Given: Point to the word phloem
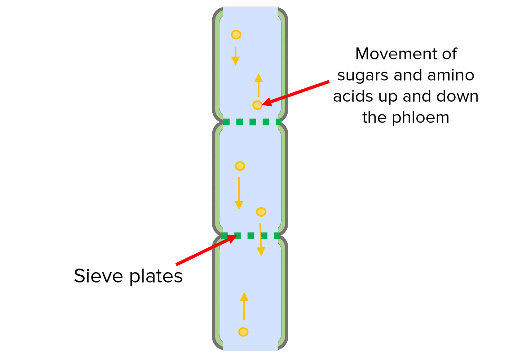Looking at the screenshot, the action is pyautogui.click(x=420, y=118).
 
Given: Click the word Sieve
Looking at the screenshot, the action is pyautogui.click(x=99, y=276).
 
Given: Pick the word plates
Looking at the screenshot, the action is pyautogui.click(x=156, y=277).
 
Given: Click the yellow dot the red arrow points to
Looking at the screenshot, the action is pyautogui.click(x=258, y=105).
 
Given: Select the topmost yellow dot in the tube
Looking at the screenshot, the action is pyautogui.click(x=236, y=35).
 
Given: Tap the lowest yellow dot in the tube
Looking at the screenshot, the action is pyautogui.click(x=243, y=332).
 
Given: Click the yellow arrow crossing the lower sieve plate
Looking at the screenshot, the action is pyautogui.click(x=261, y=239).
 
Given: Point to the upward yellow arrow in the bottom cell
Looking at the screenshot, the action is pyautogui.click(x=244, y=306).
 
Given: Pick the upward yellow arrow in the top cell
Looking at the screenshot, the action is pyautogui.click(x=259, y=85).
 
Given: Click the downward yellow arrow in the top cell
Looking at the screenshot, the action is pyautogui.click(x=235, y=56).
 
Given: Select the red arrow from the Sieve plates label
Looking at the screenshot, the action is pyautogui.click(x=206, y=250).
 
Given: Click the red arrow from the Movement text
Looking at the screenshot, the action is pyautogui.click(x=296, y=93).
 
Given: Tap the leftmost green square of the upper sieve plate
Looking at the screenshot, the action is pyautogui.click(x=226, y=122).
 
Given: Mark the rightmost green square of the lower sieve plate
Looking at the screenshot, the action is pyautogui.click(x=277, y=236).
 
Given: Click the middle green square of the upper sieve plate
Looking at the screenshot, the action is pyautogui.click(x=253, y=122).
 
